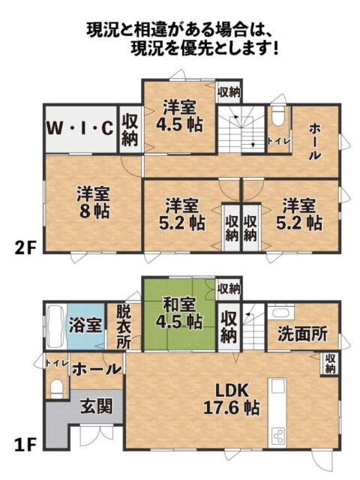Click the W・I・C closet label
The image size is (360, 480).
tap(80, 128)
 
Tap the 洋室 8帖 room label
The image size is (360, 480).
tap(93, 202)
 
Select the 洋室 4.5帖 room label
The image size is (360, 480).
tap(179, 115)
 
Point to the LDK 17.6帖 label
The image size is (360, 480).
tap(232, 399)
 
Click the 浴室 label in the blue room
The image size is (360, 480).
tap(85, 325)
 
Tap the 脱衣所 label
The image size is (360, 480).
tap(124, 327)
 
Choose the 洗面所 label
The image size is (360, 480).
tap(302, 334)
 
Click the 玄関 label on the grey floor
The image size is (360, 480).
tap(97, 406)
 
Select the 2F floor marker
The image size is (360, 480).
tap(26, 248)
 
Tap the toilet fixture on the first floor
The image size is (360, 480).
tap(57, 388)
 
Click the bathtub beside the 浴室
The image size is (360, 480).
tap(56, 326)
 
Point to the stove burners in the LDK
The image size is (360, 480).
tap(278, 436)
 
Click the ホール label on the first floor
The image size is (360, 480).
tap(97, 369)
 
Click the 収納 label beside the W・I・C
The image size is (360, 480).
tap(130, 130)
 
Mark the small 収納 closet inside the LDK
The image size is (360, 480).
tap(330, 363)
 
